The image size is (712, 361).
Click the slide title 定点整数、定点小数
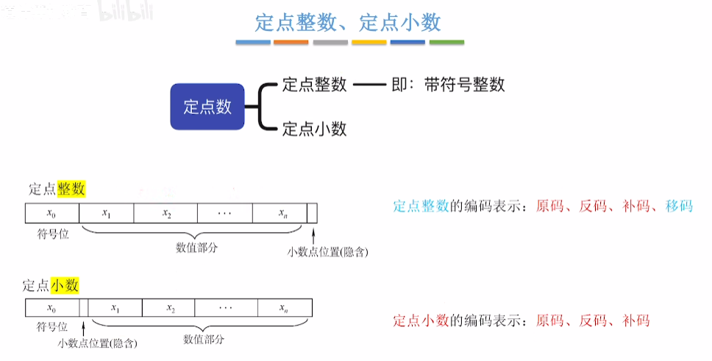point(348,22)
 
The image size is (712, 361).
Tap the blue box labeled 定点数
point(207,107)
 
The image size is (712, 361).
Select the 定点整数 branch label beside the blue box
point(314,84)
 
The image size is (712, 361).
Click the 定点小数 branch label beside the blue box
point(314,129)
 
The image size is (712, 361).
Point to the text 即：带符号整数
point(448,84)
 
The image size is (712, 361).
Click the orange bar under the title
point(291,42)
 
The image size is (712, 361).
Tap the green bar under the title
point(446,42)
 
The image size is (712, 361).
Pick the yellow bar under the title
point(369,42)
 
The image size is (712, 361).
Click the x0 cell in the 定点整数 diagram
point(51,213)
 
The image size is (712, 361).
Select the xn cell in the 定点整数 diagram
point(283,213)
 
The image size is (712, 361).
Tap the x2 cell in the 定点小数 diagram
point(170,307)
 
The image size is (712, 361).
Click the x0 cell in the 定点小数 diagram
point(51,307)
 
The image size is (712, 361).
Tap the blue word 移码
point(678,206)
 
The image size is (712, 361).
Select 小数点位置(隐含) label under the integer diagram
point(327,251)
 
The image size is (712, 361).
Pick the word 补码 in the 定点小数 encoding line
point(636,320)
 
